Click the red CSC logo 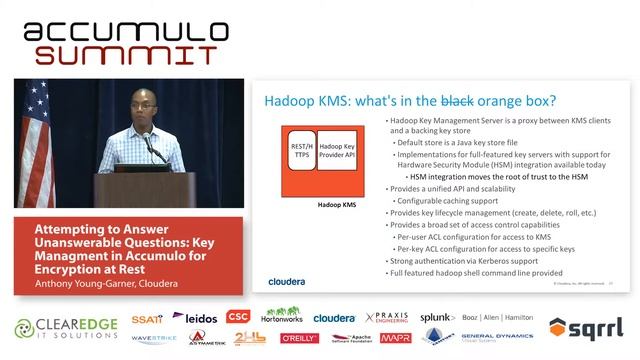237,317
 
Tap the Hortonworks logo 282,316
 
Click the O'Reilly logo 299,339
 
